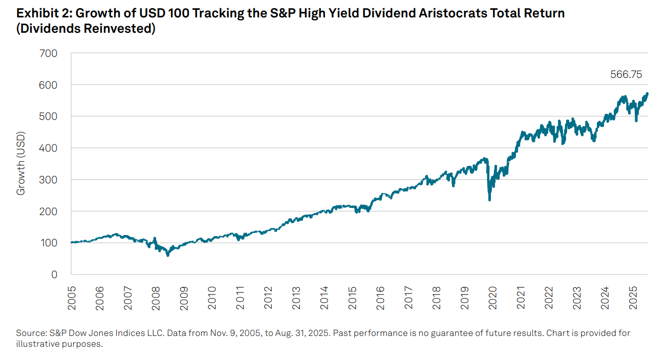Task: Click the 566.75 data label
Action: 626,75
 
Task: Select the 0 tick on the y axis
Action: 54,274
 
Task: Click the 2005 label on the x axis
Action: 72,298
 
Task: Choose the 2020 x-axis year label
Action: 492,298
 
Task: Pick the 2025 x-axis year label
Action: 633,298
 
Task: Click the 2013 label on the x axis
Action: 296,298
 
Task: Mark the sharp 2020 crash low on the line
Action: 489,199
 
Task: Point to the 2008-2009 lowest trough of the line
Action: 167,255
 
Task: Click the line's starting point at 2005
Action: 72,242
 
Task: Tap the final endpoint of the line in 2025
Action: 648,94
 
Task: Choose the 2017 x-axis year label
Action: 408,298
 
